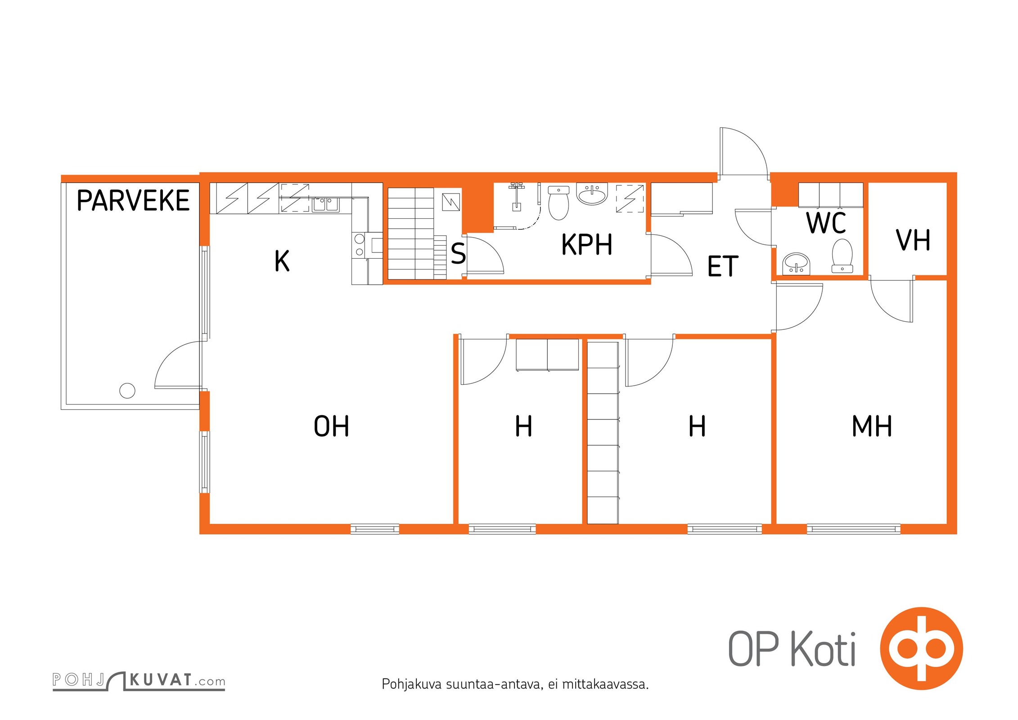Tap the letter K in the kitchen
[282, 261]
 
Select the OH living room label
[331, 426]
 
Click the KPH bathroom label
[587, 244]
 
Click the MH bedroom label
[872, 426]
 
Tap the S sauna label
[458, 253]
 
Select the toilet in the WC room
[842, 256]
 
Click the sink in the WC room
[796, 264]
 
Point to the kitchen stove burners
[360, 245]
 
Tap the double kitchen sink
[325, 204]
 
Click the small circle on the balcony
[127, 391]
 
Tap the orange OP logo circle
[921, 648]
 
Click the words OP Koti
[792, 648]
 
